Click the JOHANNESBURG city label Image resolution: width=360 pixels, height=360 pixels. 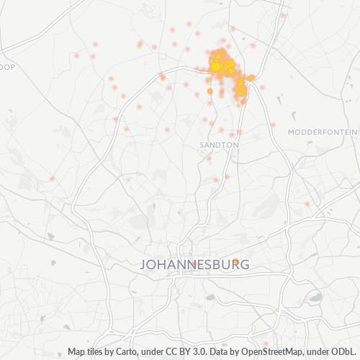pyautogui.click(x=195, y=265)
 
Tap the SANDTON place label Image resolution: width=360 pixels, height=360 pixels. pyautogui.click(x=218, y=145)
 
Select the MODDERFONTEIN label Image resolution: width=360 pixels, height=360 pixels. pyautogui.click(x=321, y=132)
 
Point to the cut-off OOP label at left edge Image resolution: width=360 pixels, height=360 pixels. pyautogui.click(x=7, y=66)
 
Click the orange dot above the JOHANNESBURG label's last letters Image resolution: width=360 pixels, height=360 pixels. pyautogui.click(x=235, y=261)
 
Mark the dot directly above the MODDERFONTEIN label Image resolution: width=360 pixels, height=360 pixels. pyautogui.click(x=274, y=125)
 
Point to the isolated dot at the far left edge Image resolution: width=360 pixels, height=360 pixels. pyautogui.click(x=52, y=178)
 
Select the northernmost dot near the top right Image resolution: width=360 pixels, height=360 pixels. pyautogui.click(x=283, y=15)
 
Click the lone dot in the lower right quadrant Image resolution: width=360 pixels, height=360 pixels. pyautogui.click(x=307, y=204)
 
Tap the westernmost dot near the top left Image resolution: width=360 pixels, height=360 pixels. pyautogui.click(x=76, y=55)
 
